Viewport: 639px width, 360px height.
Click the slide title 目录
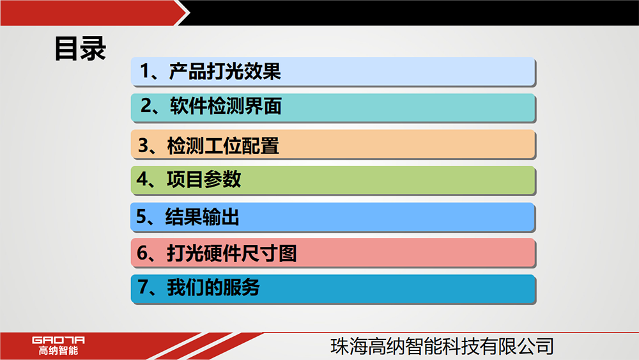point(81,49)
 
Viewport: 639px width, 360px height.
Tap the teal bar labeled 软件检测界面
point(333,107)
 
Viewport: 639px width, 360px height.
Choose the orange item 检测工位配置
point(333,145)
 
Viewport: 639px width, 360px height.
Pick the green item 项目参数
point(333,180)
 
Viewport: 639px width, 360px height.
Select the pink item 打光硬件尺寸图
point(333,253)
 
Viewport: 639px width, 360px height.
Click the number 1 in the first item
point(144,72)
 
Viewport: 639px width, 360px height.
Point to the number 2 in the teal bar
point(146,106)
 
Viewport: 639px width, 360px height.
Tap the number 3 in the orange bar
point(143,145)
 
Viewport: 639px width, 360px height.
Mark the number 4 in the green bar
point(142,178)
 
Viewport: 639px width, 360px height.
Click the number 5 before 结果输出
point(141,217)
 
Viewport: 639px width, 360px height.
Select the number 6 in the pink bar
point(142,253)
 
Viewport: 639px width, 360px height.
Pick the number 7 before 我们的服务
point(143,286)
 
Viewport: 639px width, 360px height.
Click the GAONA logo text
point(58,340)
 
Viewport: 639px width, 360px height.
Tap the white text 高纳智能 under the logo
point(58,350)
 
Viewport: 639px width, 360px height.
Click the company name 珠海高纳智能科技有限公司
point(442,347)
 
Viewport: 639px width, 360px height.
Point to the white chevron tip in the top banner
point(189,13)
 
